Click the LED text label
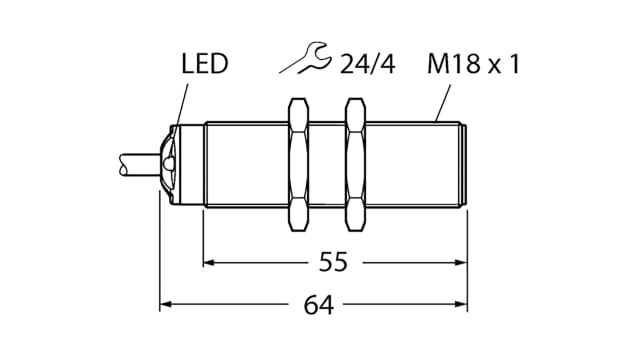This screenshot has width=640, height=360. coord(204,66)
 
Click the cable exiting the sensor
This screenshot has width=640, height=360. coord(130,161)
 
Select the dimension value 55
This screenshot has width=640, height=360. coord(334,263)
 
